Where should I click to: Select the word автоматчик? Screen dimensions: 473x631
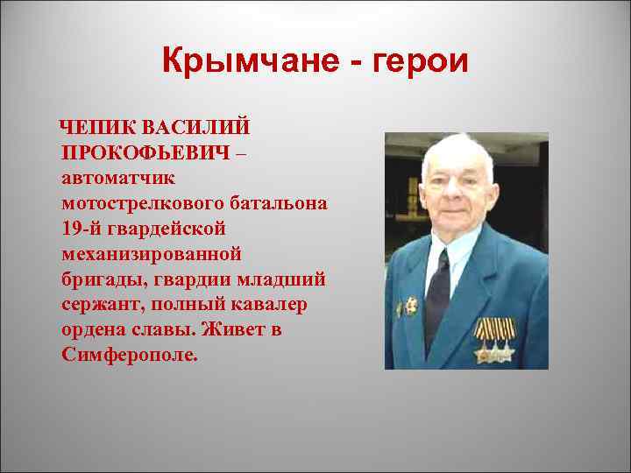(118, 178)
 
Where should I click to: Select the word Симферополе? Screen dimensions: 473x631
(131, 356)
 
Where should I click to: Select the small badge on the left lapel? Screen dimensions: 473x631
(409, 307)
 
